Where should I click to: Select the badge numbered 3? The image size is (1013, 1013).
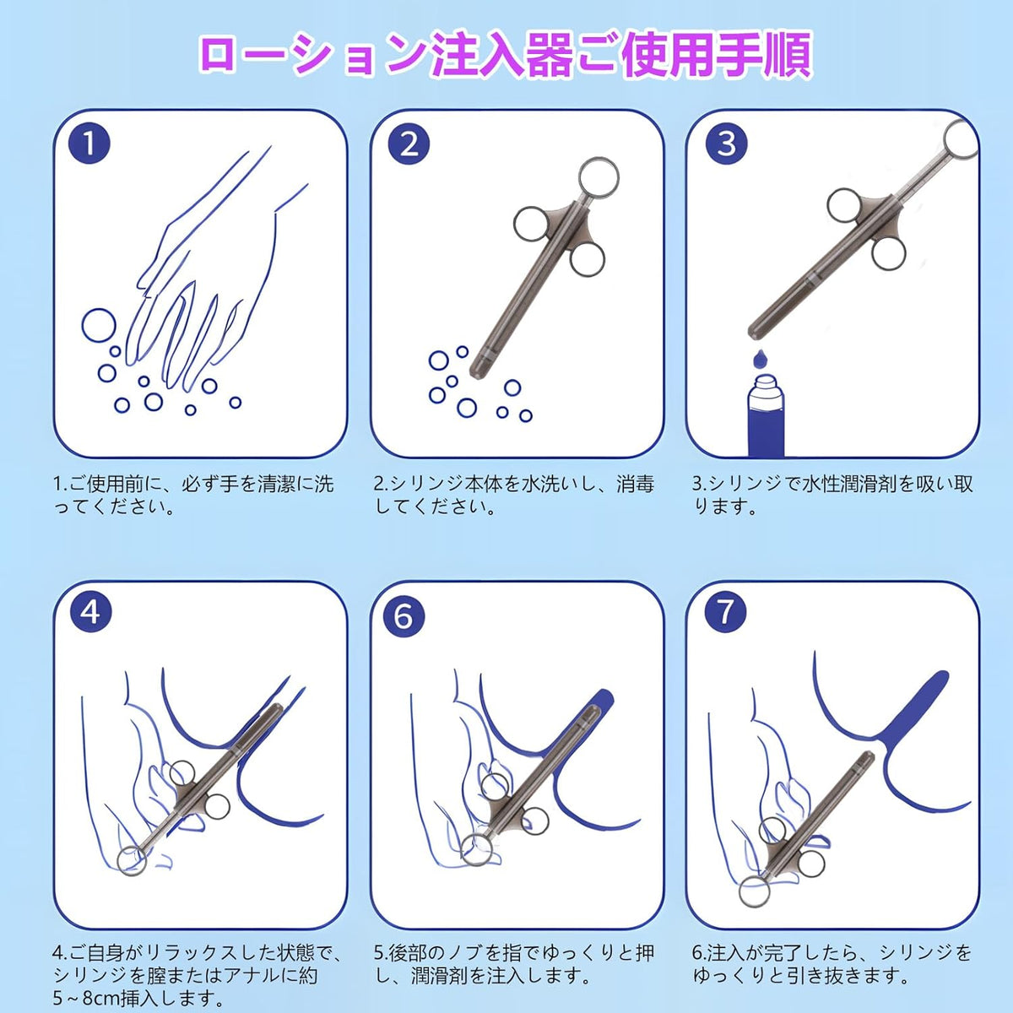click(x=726, y=144)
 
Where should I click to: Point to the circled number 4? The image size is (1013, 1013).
click(x=91, y=612)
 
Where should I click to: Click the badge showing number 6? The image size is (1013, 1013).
click(x=404, y=616)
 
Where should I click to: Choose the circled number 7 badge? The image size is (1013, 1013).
click(x=725, y=611)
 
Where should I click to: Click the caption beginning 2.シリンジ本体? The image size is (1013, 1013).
click(x=513, y=495)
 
